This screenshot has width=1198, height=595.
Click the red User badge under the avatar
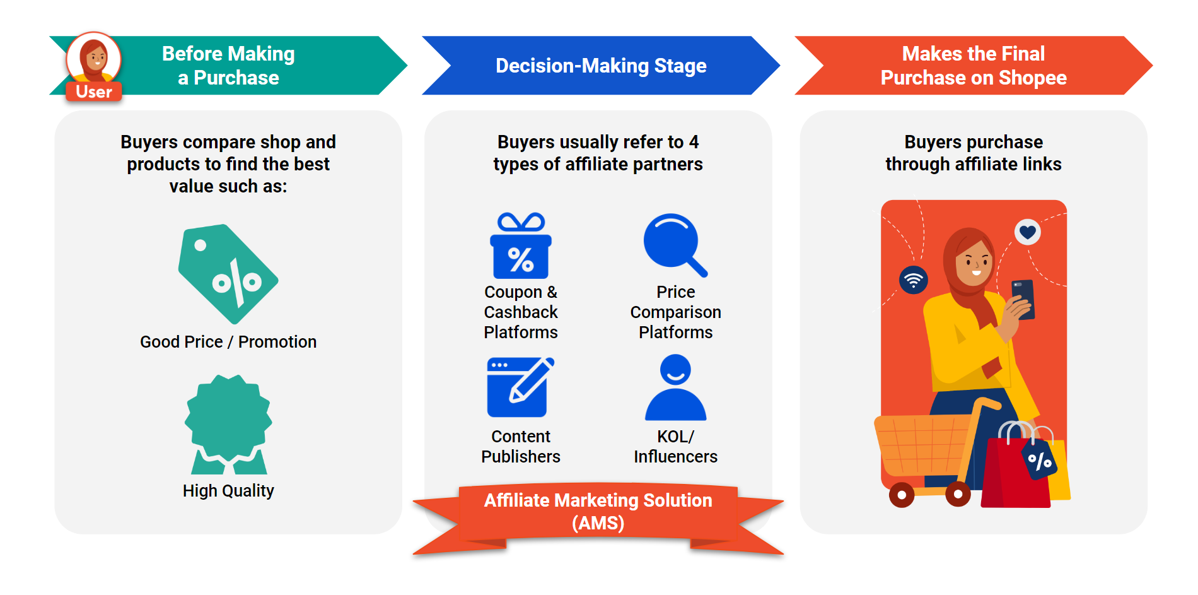(x=93, y=91)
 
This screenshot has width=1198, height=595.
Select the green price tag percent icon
(x=228, y=274)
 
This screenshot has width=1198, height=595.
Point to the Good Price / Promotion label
(x=228, y=341)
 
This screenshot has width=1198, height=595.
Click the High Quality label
(x=228, y=490)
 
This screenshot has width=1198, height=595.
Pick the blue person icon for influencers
(x=675, y=387)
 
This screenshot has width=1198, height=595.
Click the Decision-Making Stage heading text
(x=600, y=66)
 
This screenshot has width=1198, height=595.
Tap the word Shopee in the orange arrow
(x=1032, y=78)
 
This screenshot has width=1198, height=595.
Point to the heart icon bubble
(x=1027, y=232)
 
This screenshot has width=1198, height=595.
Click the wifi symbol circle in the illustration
(x=914, y=280)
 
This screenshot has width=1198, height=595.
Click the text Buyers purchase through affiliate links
(x=973, y=153)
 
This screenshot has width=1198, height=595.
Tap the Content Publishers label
(x=521, y=446)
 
